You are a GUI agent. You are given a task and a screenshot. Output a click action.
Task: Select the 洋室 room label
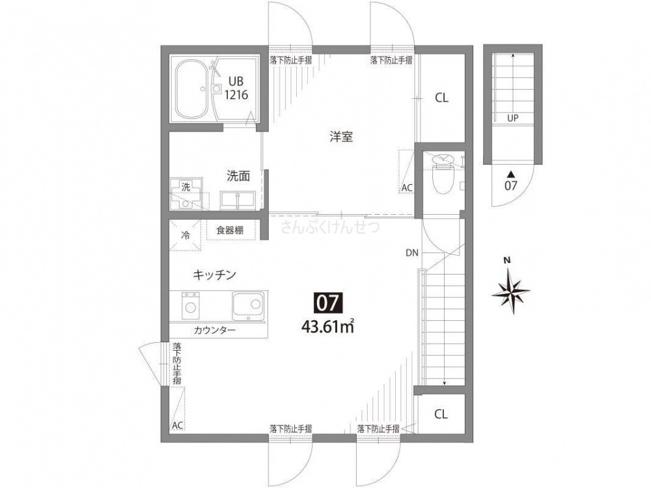(x=340, y=137)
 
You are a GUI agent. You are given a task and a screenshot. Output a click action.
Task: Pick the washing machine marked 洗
(x=186, y=195)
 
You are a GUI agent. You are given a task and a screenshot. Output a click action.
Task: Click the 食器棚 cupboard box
(x=231, y=230)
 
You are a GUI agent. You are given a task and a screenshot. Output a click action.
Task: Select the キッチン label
(x=213, y=275)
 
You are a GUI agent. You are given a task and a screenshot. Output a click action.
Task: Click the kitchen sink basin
(x=248, y=306)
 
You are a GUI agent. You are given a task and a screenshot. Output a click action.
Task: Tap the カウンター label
(x=214, y=331)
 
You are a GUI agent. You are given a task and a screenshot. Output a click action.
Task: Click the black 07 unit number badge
(x=329, y=303)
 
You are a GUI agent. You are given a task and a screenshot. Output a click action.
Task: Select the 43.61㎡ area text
(x=327, y=325)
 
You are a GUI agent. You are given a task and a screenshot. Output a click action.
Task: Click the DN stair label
(x=411, y=252)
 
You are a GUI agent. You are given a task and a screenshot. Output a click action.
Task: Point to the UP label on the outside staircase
(x=513, y=118)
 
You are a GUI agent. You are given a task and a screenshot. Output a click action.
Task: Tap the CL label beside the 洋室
(x=441, y=98)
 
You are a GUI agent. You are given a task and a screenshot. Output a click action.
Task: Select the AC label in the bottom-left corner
(x=177, y=426)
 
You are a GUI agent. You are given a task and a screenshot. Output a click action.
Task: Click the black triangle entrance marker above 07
(x=511, y=174)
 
